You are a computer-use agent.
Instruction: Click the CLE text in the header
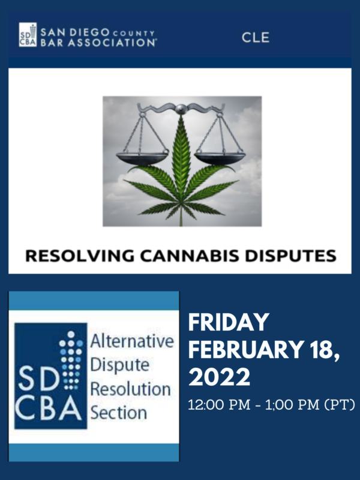tap(256, 37)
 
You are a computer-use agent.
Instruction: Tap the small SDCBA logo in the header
tap(28, 35)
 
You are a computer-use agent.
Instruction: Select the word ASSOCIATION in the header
tap(112, 43)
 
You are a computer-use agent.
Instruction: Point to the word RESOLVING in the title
tap(80, 256)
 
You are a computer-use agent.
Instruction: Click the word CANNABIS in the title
tap(190, 256)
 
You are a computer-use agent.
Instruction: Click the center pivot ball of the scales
tap(181, 109)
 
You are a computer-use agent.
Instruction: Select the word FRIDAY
tap(229, 322)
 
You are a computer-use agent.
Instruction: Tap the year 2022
tap(219, 377)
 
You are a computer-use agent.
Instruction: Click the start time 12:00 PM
tap(219, 404)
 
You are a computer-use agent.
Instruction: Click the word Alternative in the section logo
tap(132, 341)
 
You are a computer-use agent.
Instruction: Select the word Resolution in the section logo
tap(130, 389)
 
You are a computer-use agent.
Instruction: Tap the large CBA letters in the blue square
tap(49, 408)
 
